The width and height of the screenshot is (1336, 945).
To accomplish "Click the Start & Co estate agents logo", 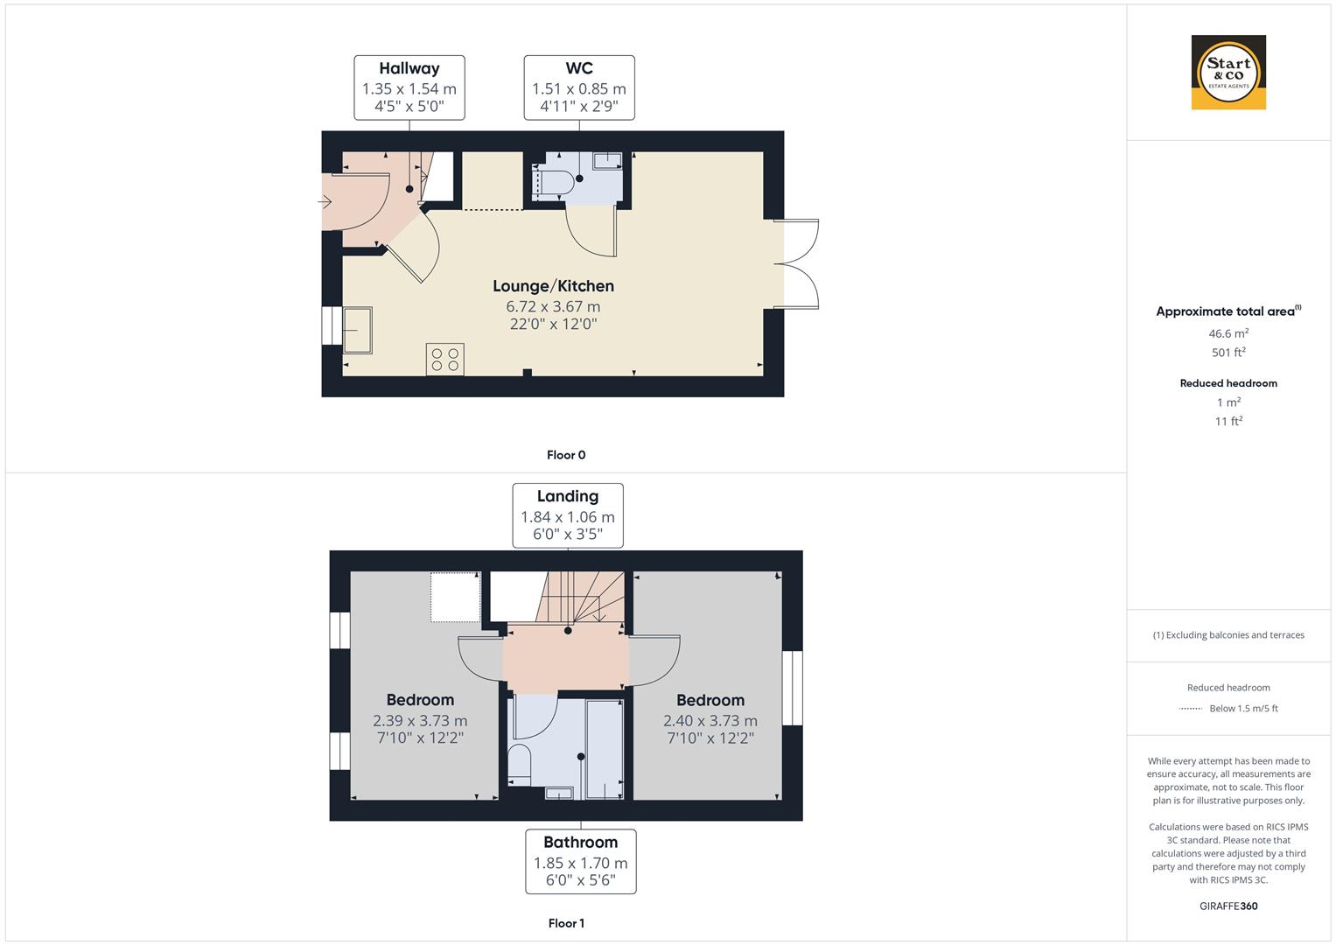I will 1228,73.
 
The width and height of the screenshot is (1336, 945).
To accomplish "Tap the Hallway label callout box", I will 409,87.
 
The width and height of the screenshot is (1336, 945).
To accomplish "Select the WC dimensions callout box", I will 579,87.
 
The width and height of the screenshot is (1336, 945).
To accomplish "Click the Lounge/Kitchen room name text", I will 553,286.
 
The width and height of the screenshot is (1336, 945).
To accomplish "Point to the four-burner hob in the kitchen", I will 445,359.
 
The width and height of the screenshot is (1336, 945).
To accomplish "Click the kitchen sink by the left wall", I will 357,330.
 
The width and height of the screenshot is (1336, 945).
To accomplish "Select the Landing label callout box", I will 568,515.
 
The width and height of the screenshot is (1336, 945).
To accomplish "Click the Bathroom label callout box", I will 581,862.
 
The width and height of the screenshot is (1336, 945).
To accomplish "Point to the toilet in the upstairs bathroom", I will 520,763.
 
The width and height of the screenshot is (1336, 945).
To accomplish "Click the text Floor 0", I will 566,455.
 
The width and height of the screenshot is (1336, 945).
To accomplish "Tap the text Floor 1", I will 566,923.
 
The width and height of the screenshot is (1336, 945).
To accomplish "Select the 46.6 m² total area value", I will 1228,333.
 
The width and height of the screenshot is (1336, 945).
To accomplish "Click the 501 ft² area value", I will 1228,353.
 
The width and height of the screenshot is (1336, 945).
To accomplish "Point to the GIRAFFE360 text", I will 1228,906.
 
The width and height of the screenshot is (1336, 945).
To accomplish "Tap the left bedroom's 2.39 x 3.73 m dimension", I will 420,721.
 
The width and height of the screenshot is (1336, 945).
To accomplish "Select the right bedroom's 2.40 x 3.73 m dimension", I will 710,721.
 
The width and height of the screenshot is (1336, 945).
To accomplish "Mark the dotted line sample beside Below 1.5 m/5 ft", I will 1191,709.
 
